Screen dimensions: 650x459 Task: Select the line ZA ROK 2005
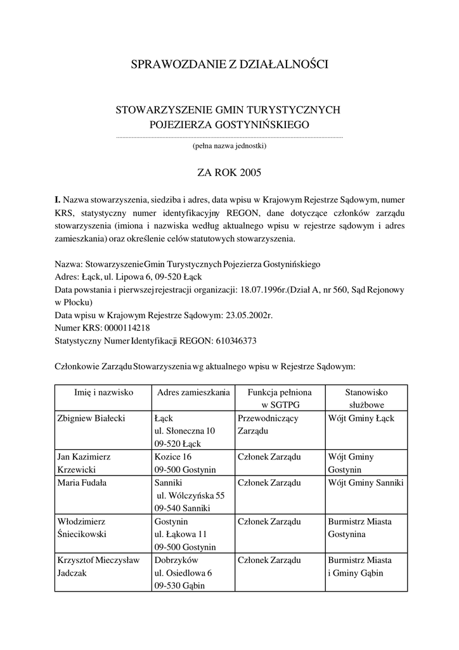(x=229, y=171)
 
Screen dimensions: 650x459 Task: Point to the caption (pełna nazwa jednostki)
(x=229, y=147)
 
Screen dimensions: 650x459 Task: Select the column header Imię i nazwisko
(x=103, y=392)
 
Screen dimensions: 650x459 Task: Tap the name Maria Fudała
(x=82, y=482)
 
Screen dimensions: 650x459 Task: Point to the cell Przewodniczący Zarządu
(x=268, y=425)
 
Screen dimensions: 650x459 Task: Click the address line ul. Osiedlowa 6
(x=183, y=573)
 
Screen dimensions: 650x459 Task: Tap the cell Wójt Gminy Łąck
(x=361, y=418)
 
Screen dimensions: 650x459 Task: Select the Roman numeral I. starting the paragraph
(x=57, y=199)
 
